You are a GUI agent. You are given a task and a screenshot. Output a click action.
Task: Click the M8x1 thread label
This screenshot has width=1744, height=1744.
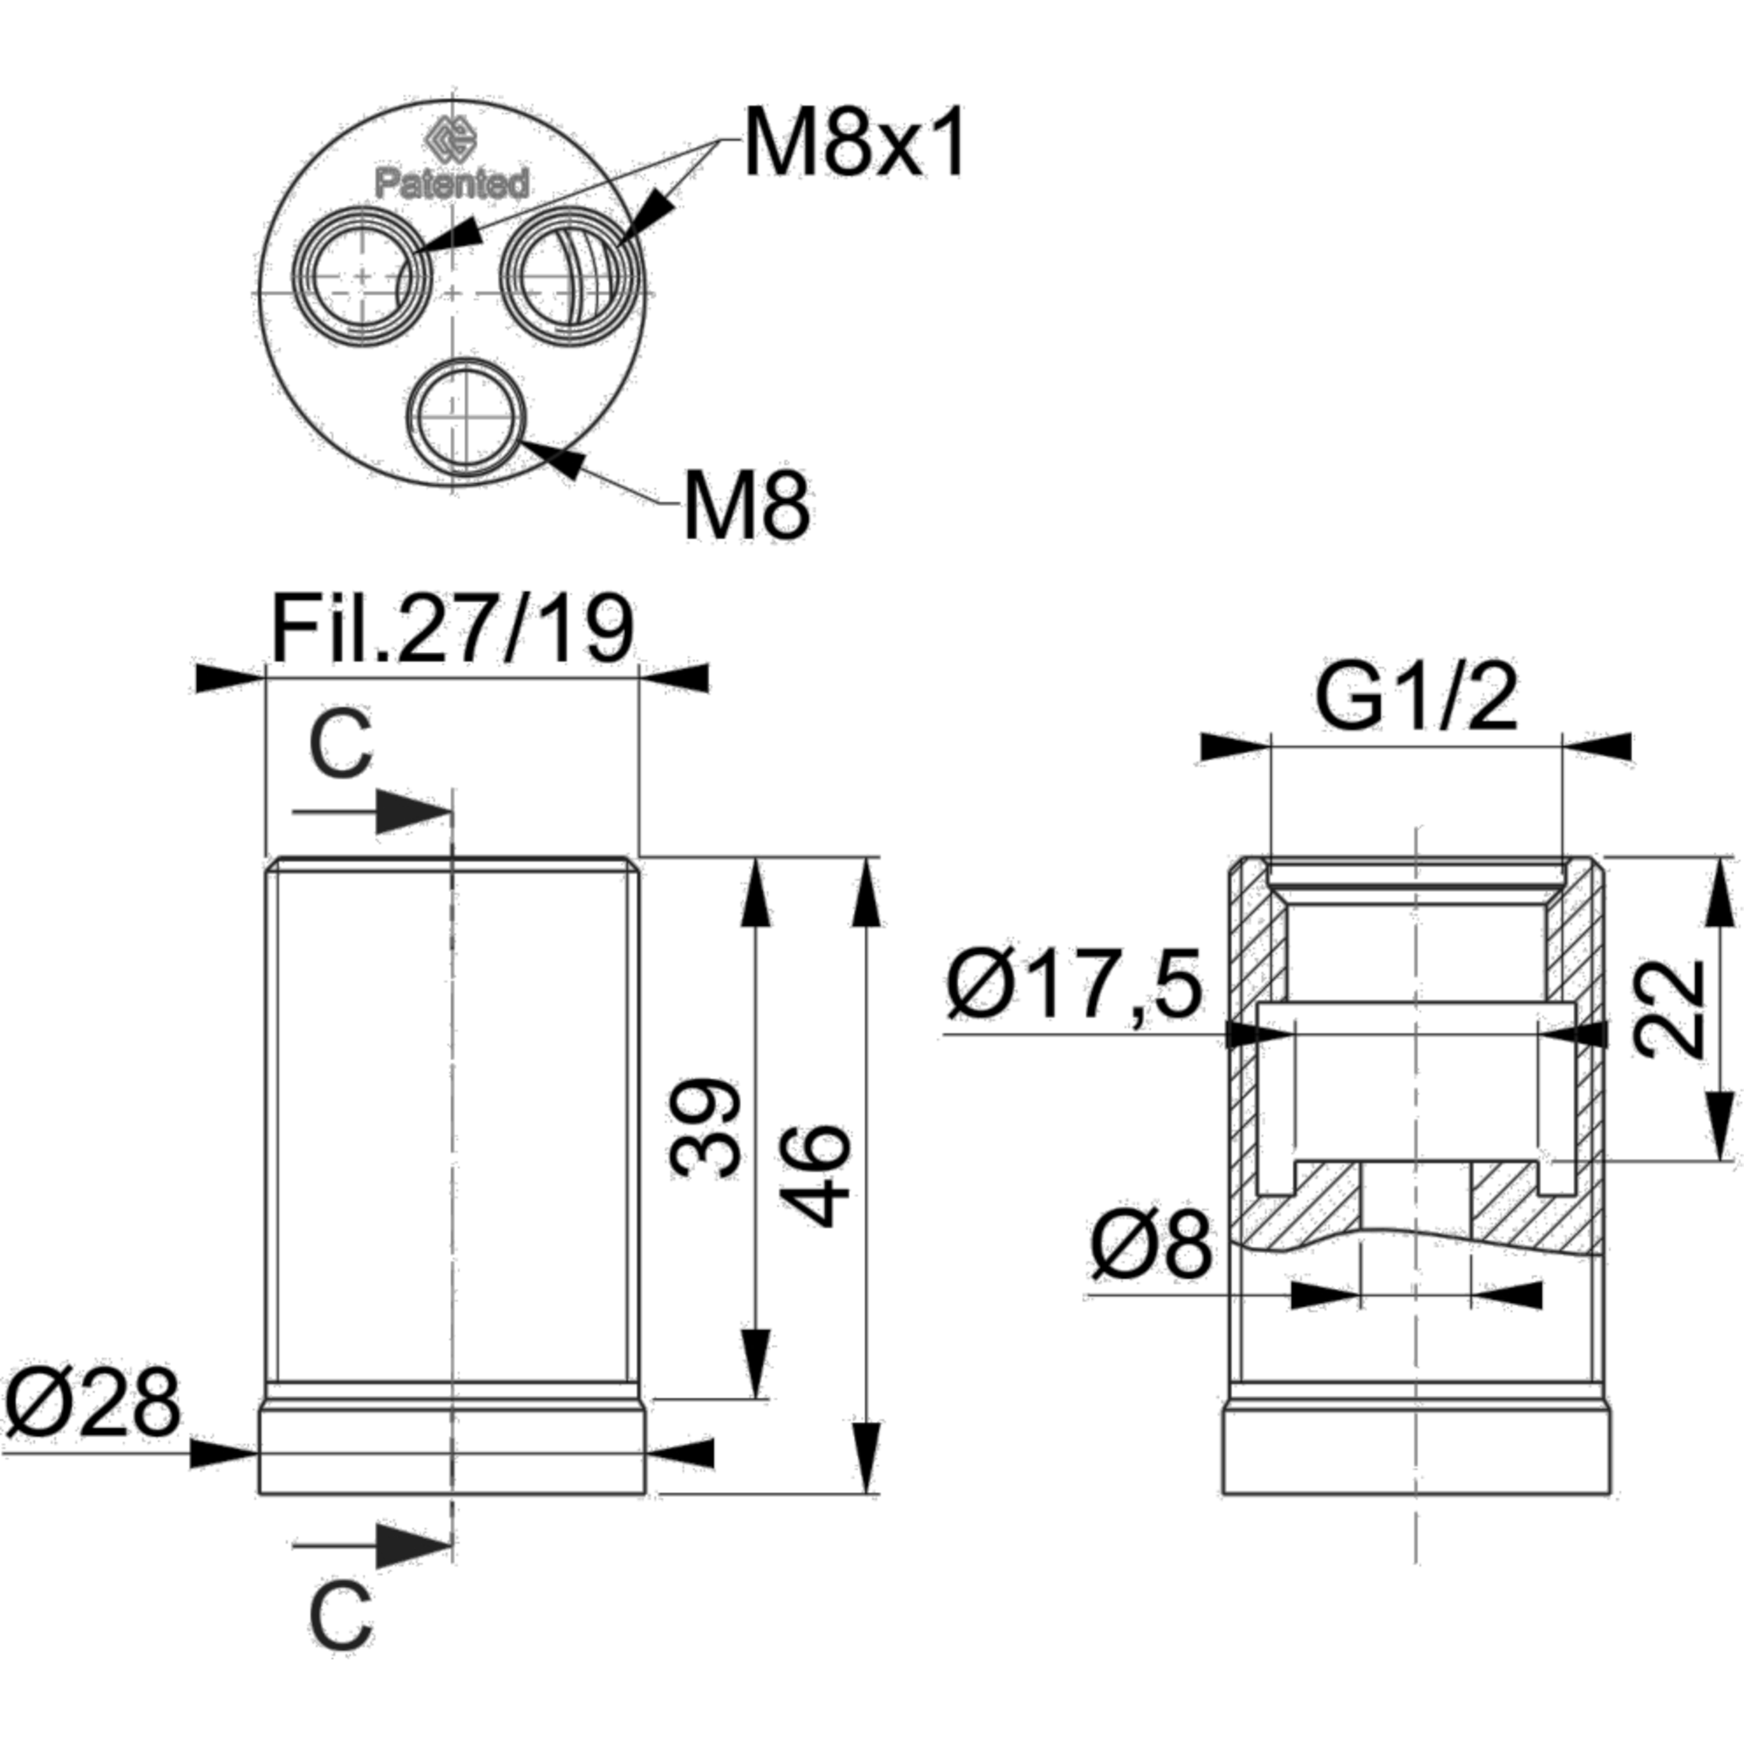click(853, 143)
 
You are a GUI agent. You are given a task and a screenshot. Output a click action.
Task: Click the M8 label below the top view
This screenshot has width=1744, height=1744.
click(748, 507)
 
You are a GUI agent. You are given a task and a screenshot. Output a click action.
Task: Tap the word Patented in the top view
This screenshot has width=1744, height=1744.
click(453, 183)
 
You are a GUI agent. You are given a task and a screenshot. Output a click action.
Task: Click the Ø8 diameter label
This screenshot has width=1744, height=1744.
click(1149, 1247)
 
